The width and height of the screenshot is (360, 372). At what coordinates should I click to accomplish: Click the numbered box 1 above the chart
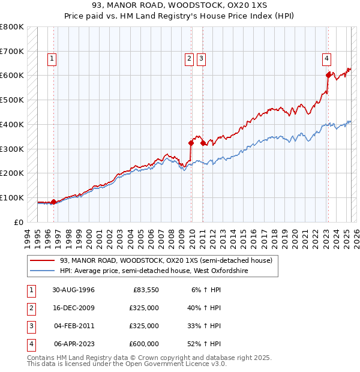click(x=52, y=59)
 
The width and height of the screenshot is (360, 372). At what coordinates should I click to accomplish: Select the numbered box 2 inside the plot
click(x=189, y=59)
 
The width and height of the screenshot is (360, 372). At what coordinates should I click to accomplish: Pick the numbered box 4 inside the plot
click(x=326, y=59)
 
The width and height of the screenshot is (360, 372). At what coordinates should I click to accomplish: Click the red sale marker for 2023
click(x=328, y=75)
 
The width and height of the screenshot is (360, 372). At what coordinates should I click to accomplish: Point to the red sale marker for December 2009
click(x=191, y=143)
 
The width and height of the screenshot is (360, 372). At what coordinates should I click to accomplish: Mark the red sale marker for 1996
click(x=53, y=202)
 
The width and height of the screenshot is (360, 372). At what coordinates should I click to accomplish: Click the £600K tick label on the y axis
click(x=12, y=76)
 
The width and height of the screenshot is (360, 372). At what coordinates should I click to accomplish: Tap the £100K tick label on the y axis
click(x=12, y=197)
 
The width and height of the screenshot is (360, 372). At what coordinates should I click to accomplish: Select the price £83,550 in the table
click(x=145, y=290)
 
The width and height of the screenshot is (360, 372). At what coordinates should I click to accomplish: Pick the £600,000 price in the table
click(x=143, y=344)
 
